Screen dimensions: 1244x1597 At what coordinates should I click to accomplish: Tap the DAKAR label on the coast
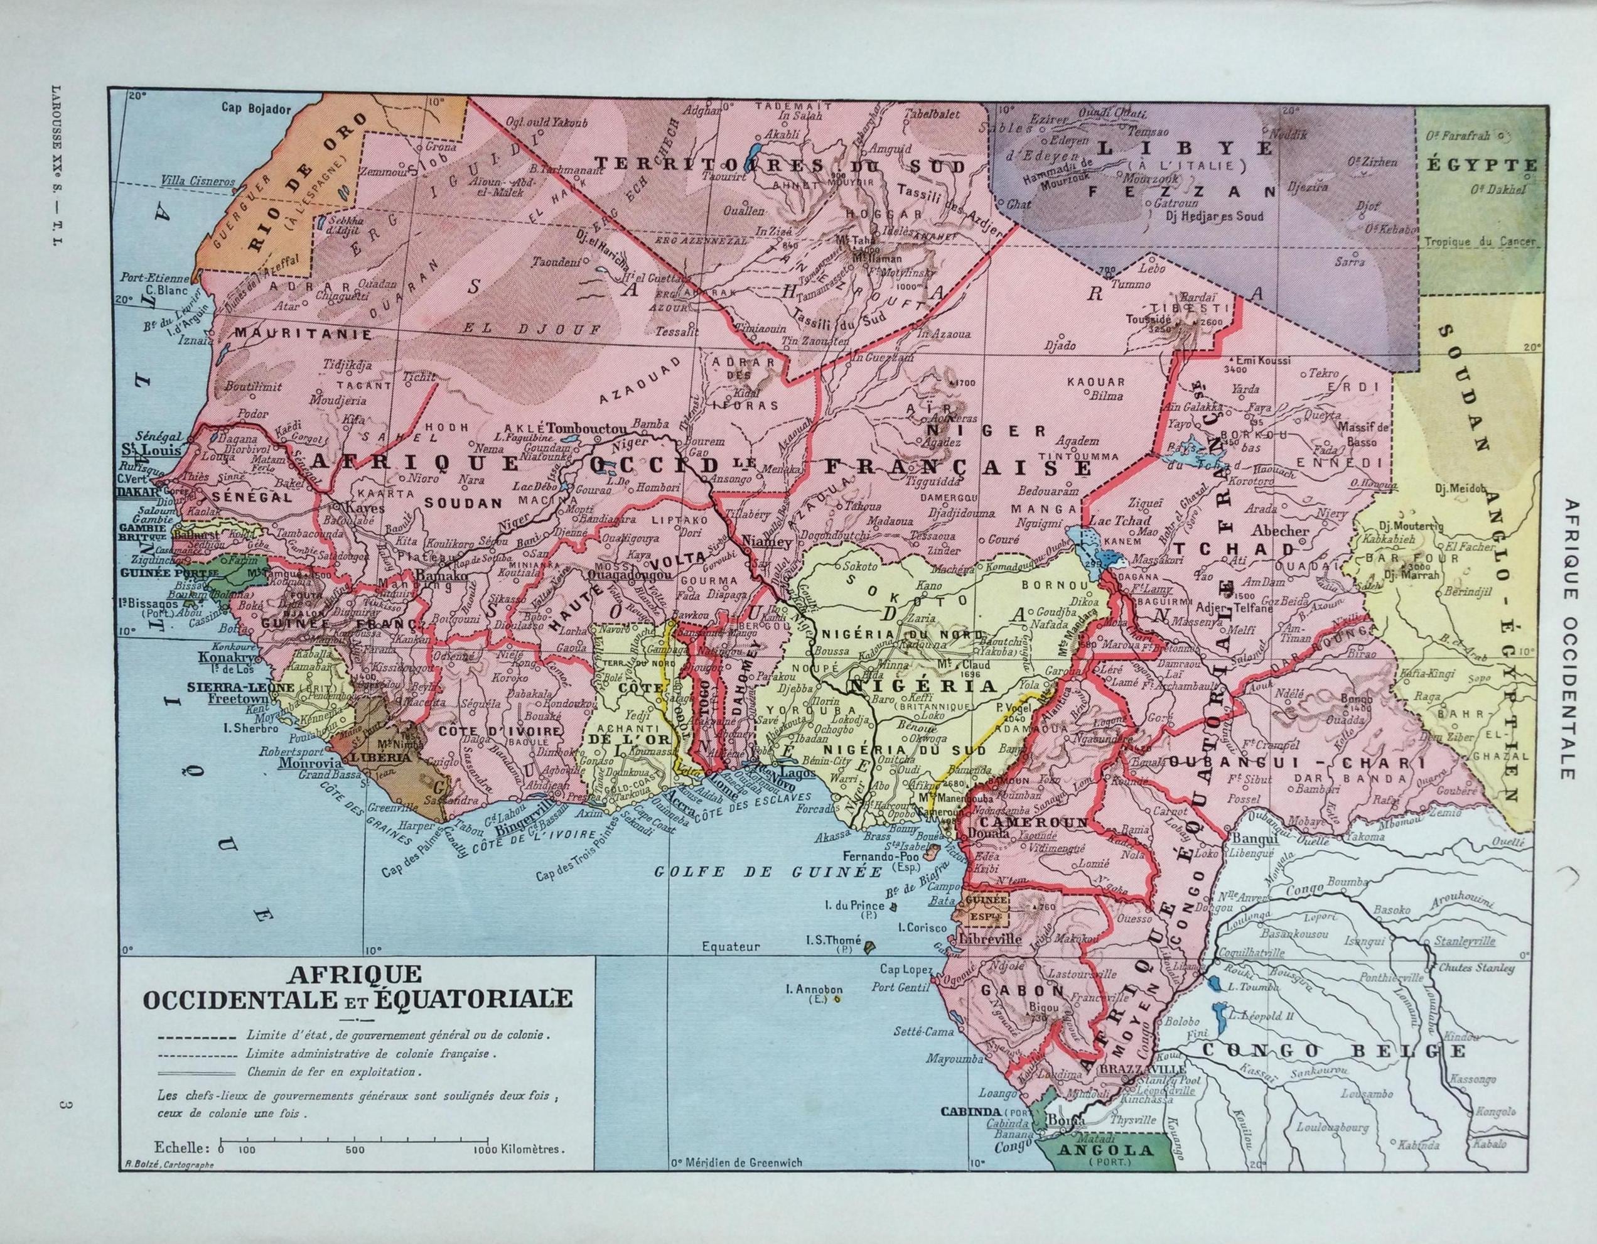coord(132,492)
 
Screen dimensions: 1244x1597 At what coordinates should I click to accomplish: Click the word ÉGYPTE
coord(1481,165)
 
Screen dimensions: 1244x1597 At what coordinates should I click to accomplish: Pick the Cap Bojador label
coord(257,107)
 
